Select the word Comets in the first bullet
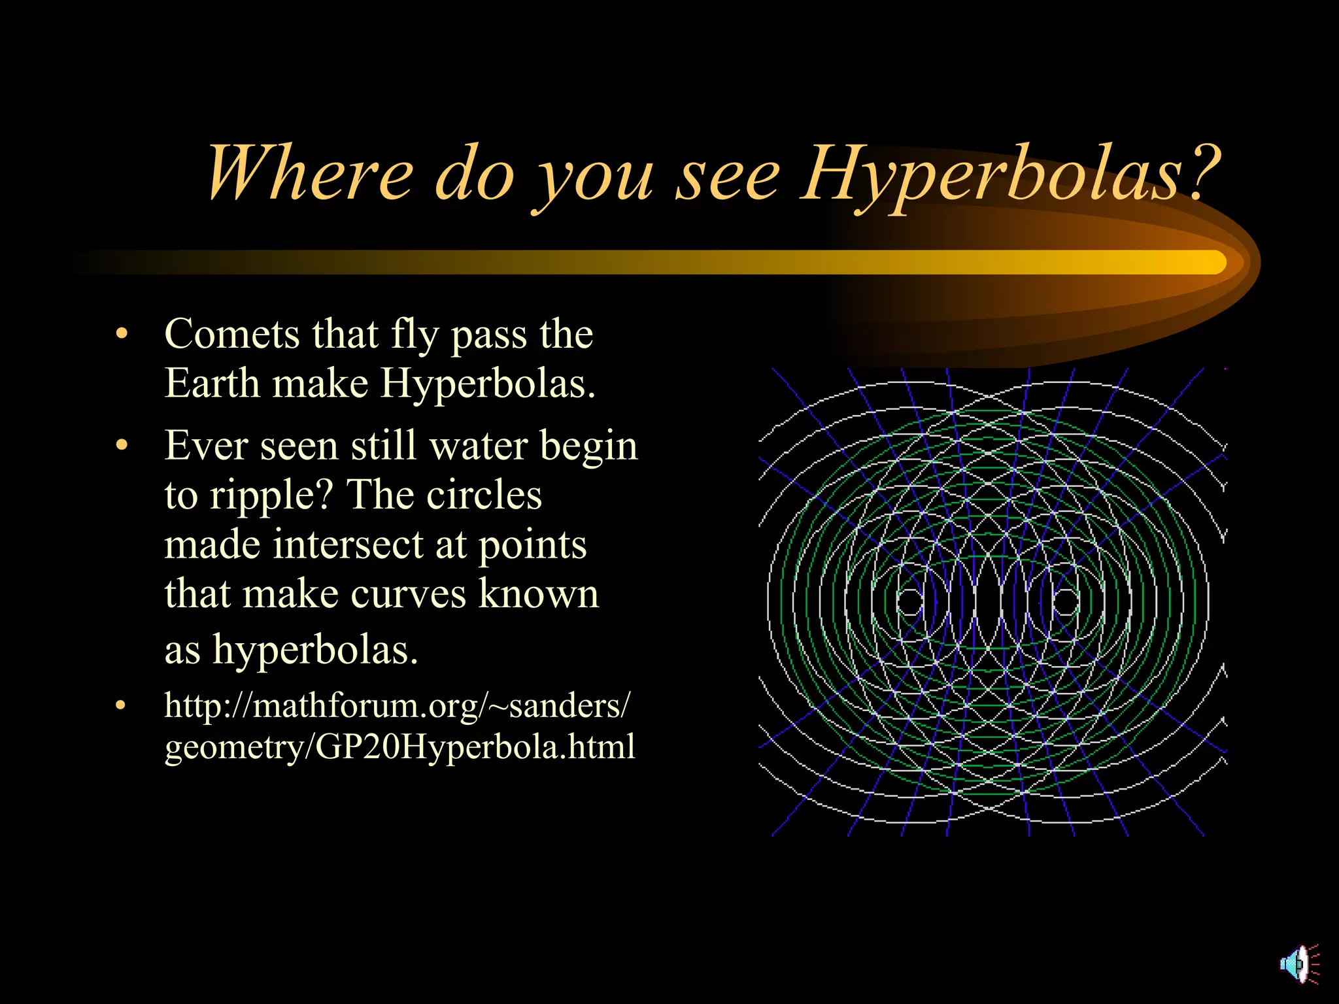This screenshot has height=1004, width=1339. [x=232, y=334]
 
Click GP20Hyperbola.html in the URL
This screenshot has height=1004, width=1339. [x=475, y=746]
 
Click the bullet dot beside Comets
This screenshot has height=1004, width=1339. [x=121, y=335]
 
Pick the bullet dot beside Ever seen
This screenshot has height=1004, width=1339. [x=121, y=446]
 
